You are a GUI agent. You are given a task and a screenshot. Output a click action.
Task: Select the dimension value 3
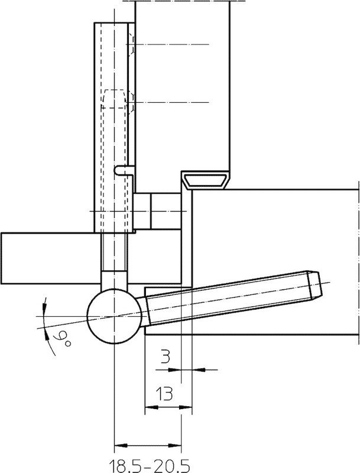click(164, 357)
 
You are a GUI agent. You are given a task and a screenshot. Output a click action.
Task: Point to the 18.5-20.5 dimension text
click(149, 466)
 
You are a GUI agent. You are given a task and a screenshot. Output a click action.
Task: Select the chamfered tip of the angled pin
click(314, 285)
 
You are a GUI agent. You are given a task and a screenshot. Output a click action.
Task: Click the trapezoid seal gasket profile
click(206, 180)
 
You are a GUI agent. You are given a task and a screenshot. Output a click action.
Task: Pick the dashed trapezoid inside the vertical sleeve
click(113, 99)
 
